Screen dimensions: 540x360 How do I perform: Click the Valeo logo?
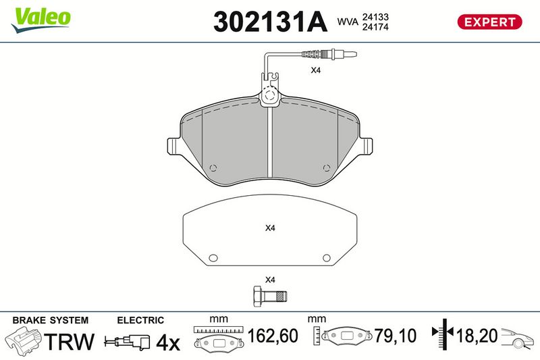pos(41,20)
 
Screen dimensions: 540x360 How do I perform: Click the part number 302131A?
pos(270,22)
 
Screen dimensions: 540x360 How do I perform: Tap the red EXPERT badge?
pos(489,22)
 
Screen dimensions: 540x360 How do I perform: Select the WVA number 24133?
pos(375,17)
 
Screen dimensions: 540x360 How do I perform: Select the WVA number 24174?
pos(375,27)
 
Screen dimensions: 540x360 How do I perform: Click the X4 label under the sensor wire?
pos(315,70)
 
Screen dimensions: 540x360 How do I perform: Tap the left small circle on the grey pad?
pos(213,168)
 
